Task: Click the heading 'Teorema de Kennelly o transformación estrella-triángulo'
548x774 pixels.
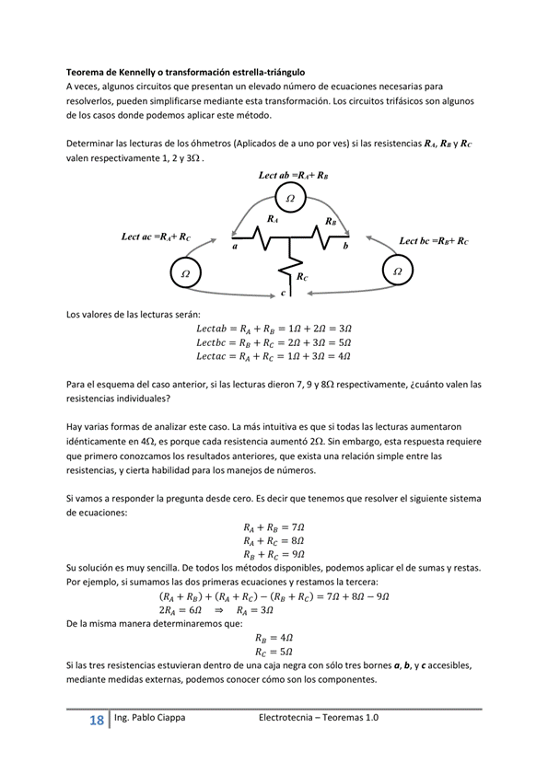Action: tap(185, 71)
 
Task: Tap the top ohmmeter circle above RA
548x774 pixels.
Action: tap(290, 198)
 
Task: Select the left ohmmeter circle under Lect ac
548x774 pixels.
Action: tap(185, 273)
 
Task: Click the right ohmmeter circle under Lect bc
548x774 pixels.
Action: tap(398, 271)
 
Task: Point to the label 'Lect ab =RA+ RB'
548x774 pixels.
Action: tap(294, 175)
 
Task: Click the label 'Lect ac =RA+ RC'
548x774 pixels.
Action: tap(156, 237)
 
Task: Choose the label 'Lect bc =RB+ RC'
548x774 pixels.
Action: tap(433, 240)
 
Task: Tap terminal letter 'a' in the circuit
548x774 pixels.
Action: tap(235, 247)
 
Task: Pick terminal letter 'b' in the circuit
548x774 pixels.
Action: tap(345, 247)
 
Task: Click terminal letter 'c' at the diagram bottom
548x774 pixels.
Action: tap(283, 293)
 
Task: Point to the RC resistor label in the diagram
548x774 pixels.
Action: tap(302, 275)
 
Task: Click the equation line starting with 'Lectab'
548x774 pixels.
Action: tap(274, 328)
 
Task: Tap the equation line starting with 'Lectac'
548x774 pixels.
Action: tap(274, 355)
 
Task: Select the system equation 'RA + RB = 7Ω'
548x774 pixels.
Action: tap(274, 527)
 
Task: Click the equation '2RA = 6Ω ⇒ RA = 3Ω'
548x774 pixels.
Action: tap(274, 610)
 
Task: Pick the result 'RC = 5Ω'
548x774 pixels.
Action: tap(274, 651)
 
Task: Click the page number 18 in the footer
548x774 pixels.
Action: tap(96, 721)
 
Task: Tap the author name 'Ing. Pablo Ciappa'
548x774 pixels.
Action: tap(150, 718)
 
